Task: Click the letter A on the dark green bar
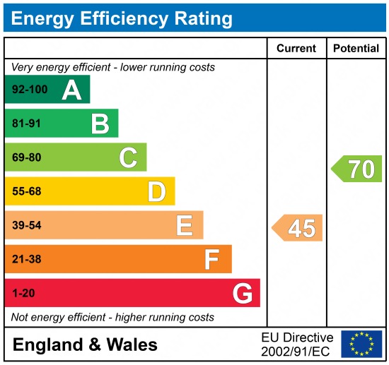[71, 90]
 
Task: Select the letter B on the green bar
[100, 124]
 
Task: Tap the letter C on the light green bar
[128, 157]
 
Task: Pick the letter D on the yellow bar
[156, 191]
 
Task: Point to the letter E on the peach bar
[184, 225]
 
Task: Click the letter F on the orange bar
[211, 259]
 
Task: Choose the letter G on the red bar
[243, 293]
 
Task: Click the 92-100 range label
[30, 90]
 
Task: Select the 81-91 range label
[27, 124]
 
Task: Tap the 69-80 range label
[27, 157]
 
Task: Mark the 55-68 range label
[27, 191]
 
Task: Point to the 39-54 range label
[27, 225]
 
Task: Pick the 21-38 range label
[27, 259]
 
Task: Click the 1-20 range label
[23, 293]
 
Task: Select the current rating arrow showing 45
[298, 228]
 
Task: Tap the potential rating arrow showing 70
[357, 169]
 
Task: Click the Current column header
[296, 49]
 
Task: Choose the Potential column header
[356, 49]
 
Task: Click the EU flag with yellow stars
[361, 344]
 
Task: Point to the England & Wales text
[85, 345]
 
